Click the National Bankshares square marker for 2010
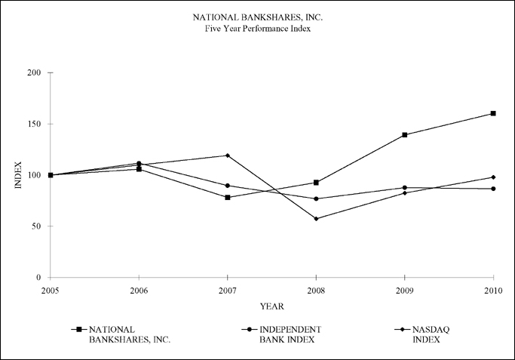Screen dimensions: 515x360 point(493,113)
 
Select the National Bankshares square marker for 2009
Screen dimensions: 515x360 point(405,135)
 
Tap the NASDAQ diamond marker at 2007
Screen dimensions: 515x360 point(228,155)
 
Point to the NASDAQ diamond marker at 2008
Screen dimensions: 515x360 point(316,219)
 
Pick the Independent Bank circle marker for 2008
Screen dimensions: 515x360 point(316,198)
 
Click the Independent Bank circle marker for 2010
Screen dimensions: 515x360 point(493,189)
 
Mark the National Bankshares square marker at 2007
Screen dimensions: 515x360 point(228,198)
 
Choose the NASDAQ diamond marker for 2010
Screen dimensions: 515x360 point(493,177)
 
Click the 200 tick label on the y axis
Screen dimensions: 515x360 point(34,72)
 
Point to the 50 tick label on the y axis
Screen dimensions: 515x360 point(36,226)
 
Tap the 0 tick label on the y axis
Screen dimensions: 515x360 point(38,277)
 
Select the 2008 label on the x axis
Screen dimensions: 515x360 point(316,291)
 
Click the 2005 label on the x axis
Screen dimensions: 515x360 point(51,291)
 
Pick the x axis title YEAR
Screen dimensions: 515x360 point(272,306)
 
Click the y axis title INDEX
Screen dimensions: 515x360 point(18,175)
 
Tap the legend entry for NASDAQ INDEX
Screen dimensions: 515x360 point(422,334)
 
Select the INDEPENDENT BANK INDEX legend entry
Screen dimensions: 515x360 point(281,334)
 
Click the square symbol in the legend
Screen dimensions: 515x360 point(79,329)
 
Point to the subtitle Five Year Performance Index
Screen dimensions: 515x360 point(258,29)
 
